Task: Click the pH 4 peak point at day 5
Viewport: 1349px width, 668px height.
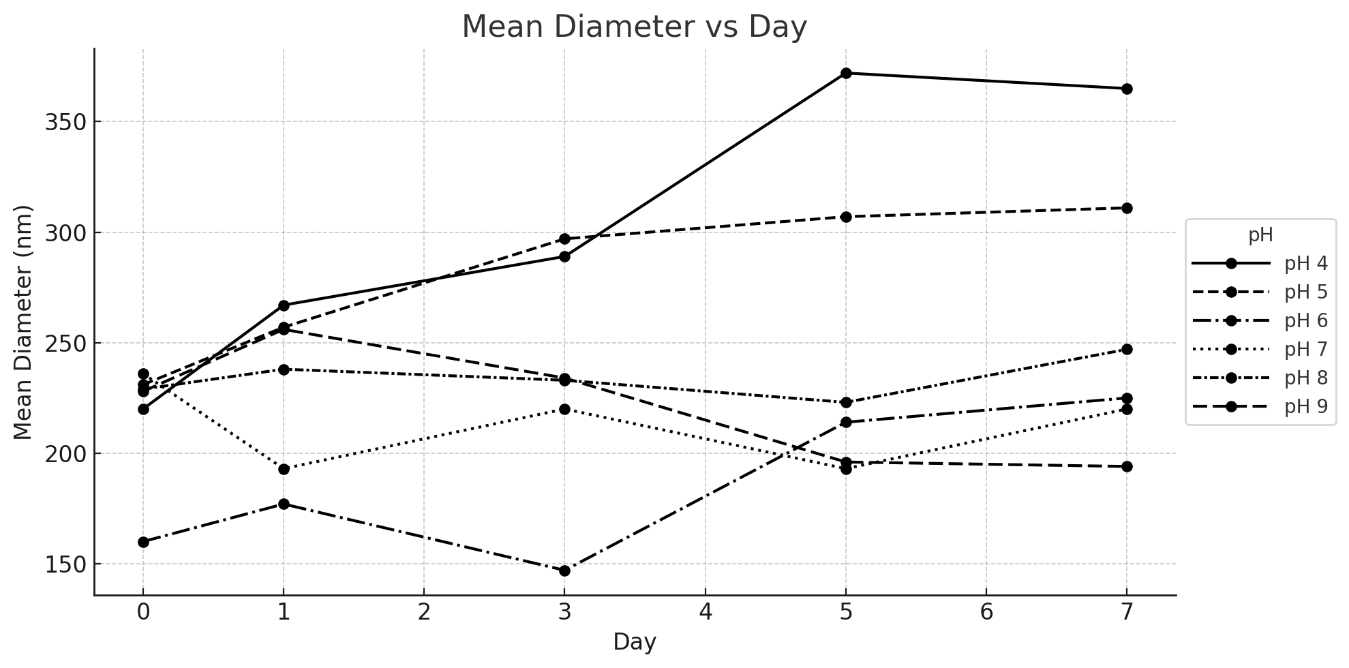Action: (846, 73)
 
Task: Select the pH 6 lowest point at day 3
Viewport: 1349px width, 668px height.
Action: (564, 571)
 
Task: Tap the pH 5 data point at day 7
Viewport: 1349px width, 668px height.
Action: (1127, 208)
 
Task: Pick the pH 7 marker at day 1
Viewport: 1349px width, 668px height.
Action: (284, 469)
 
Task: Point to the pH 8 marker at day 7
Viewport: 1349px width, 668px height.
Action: (1127, 349)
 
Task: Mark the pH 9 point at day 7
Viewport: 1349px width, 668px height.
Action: (1127, 466)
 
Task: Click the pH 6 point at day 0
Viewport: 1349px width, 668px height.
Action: (143, 542)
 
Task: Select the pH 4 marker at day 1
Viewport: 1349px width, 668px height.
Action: (284, 305)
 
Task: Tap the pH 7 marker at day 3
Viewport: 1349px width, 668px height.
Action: (564, 409)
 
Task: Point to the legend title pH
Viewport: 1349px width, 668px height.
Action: (1260, 235)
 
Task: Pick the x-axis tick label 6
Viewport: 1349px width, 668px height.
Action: (986, 612)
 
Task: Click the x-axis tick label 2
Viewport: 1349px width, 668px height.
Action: (424, 612)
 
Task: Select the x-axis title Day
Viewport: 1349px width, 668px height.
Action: (635, 642)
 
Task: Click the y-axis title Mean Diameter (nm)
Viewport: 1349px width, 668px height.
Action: (23, 322)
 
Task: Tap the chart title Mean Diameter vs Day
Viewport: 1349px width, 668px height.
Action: (635, 27)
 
